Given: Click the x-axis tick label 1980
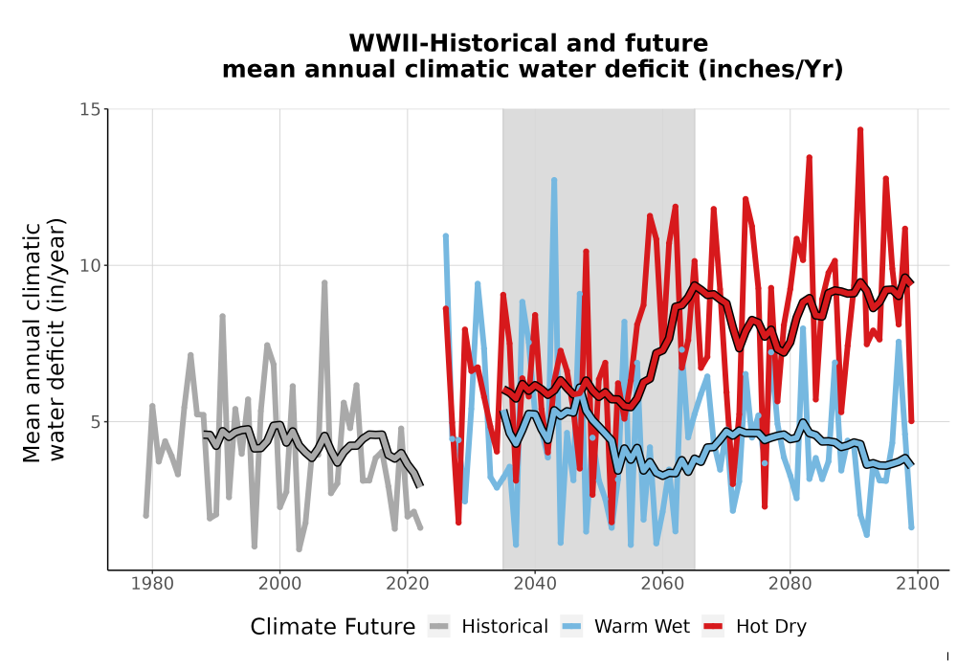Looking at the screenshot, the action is coord(152,584).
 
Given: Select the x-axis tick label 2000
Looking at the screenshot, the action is coord(279,584).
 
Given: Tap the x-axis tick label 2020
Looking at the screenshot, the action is coord(407,584).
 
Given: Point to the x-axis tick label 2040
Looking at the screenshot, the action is coord(535,584).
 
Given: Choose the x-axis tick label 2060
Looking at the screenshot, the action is coord(662,584).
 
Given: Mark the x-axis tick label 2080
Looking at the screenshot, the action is coord(790,584).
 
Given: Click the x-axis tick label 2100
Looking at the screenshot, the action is coord(918,584).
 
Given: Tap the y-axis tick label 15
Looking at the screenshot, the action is coord(90,109).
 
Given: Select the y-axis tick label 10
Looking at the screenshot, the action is coord(90,265).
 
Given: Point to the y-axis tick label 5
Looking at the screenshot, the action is coord(95,422).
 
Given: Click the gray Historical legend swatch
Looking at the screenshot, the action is coord(439,627).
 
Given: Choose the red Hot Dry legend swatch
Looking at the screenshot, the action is coord(713,627).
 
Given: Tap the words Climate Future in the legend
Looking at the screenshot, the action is coord(333,627).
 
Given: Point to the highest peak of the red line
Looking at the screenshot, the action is coord(860,130).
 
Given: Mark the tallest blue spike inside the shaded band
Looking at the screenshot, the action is coord(553,180).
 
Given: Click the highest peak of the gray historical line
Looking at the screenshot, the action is coord(324,283).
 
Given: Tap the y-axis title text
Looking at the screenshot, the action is coord(44,342).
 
